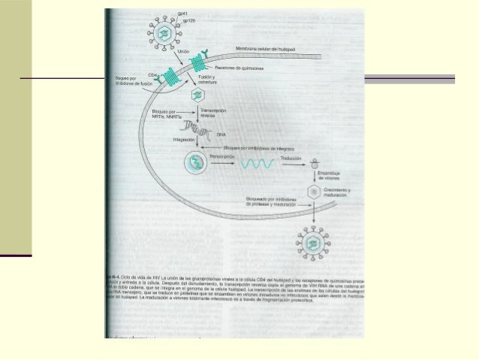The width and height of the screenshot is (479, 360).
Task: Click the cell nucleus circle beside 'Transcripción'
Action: (x=197, y=163)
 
